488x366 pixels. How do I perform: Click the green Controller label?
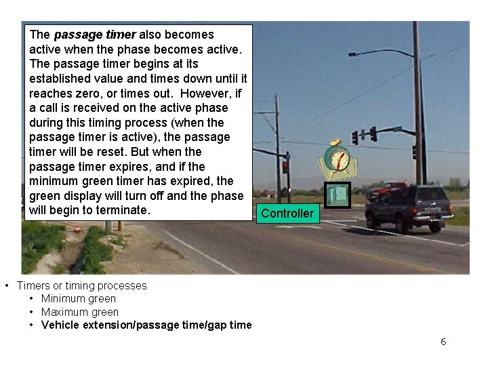(287, 213)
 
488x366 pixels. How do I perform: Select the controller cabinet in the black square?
(338, 195)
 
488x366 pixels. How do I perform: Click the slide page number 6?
(443, 342)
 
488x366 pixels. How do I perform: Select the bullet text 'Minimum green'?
(78, 299)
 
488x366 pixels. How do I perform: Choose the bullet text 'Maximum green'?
(79, 312)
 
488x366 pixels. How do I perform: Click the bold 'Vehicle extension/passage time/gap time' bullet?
(146, 325)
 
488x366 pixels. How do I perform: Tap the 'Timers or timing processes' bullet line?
(81, 286)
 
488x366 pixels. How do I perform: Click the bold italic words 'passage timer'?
(95, 35)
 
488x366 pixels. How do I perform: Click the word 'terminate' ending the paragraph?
(123, 210)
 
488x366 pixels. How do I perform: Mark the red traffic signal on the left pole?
(286, 166)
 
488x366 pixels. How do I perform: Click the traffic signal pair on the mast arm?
(364, 135)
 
